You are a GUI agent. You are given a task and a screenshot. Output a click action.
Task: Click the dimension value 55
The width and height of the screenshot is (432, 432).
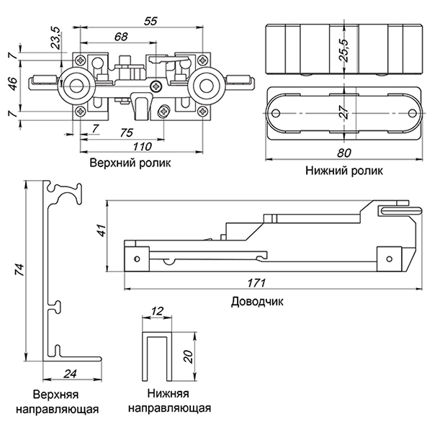pos(150,22)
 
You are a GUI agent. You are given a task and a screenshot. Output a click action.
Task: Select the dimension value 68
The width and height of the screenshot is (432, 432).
pos(122,36)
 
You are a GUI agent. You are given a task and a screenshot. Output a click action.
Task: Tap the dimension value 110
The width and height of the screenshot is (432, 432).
pos(143,147)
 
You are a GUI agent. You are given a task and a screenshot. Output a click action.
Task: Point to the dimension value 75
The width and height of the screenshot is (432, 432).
pos(126,133)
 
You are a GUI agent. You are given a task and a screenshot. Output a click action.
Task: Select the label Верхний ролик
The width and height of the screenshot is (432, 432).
pos(132,163)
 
